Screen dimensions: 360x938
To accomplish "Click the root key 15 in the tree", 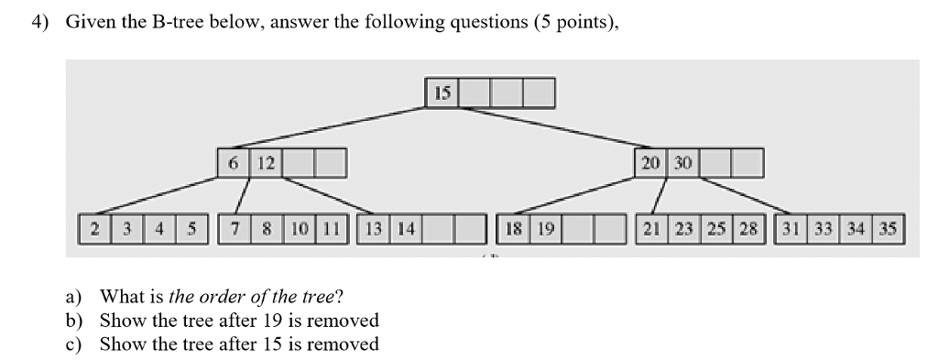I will tap(442, 93).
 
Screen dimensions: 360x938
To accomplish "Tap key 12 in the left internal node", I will tap(266, 164).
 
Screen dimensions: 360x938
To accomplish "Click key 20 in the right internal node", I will tap(650, 164).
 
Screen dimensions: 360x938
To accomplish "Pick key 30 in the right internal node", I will tap(683, 164).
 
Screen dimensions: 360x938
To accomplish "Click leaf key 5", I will tap(192, 229).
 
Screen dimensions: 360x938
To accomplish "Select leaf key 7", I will tap(234, 229).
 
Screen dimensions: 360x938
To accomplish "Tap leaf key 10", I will tap(300, 229).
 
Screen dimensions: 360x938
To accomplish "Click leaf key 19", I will tap(545, 229).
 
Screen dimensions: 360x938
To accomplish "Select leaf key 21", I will tap(654, 229).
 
